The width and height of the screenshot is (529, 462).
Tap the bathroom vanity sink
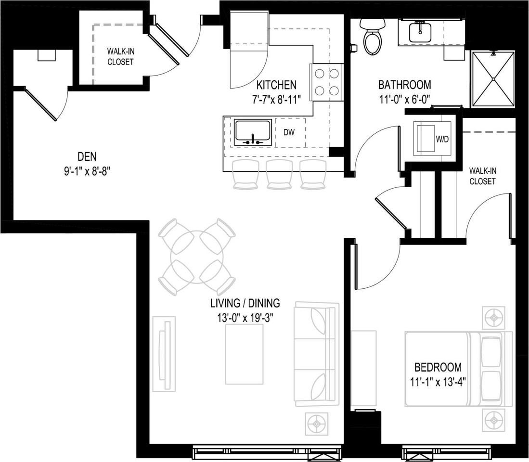point(420,33)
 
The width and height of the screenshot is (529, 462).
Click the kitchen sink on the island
point(252,133)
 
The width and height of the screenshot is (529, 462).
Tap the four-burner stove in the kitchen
point(326,82)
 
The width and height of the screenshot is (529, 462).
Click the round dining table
point(197,257)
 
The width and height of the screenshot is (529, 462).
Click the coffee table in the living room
point(245,355)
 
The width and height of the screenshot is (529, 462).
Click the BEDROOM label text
point(438,367)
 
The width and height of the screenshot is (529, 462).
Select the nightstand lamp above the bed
point(494,318)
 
